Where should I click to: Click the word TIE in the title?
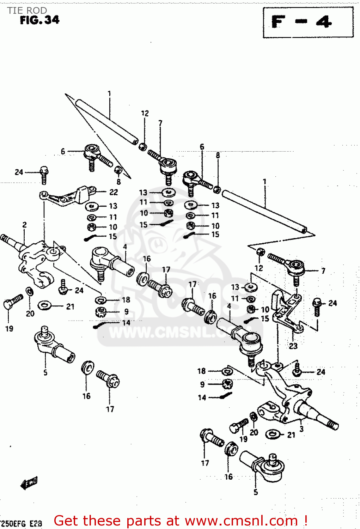click(x=15, y=10)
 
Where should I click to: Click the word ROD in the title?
click(x=37, y=10)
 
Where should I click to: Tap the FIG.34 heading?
click(x=39, y=20)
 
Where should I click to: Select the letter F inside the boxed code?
click(x=279, y=22)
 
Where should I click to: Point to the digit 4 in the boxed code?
click(x=323, y=22)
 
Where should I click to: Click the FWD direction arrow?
click(x=29, y=482)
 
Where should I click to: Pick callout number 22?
click(x=113, y=192)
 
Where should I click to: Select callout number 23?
click(x=293, y=346)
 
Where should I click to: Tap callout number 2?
click(x=24, y=225)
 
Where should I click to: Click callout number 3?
click(x=301, y=429)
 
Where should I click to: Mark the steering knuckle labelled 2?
click(x=35, y=261)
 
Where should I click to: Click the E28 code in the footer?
click(x=36, y=523)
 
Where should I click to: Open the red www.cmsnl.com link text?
click(x=241, y=521)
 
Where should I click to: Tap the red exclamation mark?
click(x=305, y=521)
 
